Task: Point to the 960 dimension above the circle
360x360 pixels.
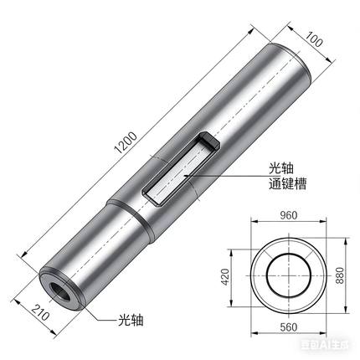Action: tap(289, 214)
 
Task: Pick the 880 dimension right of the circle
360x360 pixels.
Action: tap(340, 277)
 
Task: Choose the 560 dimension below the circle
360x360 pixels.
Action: tap(289, 339)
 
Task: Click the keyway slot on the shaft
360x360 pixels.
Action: tap(180, 167)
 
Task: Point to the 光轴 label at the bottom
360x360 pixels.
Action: tap(130, 319)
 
